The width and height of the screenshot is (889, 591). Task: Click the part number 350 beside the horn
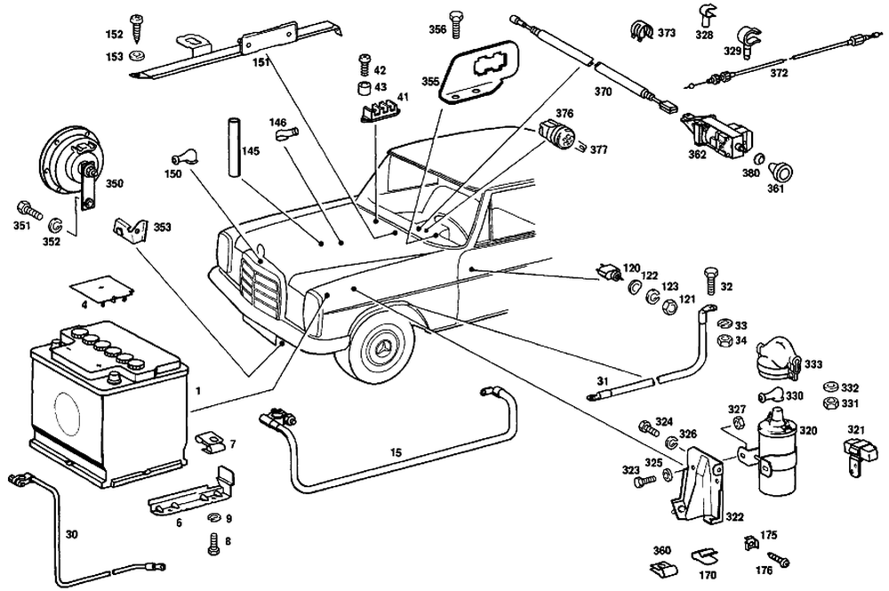[x=116, y=184]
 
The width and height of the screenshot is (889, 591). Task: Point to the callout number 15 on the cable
[x=396, y=452]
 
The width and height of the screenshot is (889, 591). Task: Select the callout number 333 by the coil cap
[x=813, y=364]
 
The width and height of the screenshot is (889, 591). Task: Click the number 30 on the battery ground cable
[x=72, y=535]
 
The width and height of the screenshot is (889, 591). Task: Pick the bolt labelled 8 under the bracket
[x=213, y=544]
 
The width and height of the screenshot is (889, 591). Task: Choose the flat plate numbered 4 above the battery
[x=100, y=289]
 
